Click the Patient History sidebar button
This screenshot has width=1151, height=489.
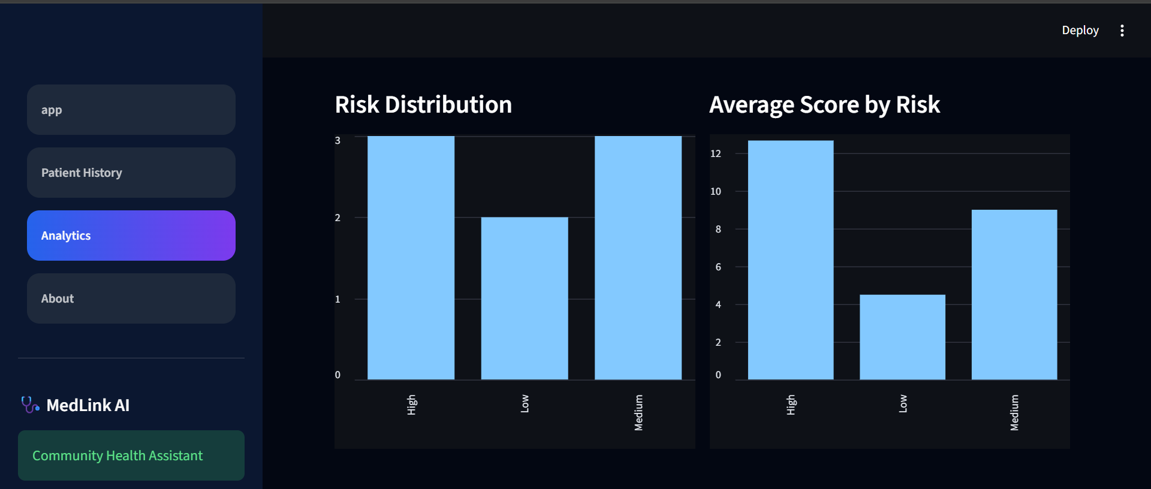click(131, 173)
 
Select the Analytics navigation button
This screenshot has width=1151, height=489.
click(131, 236)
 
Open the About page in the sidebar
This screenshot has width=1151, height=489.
click(131, 298)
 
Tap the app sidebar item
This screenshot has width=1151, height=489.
click(131, 110)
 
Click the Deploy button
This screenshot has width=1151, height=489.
click(1080, 30)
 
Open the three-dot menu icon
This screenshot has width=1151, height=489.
click(1122, 31)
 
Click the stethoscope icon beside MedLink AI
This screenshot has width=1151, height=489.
click(30, 405)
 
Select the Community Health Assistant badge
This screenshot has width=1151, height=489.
click(131, 455)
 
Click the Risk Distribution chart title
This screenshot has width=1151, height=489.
click(423, 105)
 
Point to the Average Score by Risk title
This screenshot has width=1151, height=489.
click(824, 105)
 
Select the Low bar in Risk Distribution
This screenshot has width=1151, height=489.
click(525, 298)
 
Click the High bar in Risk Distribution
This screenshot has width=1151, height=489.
click(411, 258)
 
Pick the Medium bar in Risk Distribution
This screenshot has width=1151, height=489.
click(638, 258)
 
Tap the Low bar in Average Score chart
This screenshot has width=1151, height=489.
click(902, 337)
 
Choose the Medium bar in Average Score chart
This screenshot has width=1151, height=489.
click(1014, 295)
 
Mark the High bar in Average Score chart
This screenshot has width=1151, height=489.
click(791, 260)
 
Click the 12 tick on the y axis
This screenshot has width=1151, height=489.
click(716, 153)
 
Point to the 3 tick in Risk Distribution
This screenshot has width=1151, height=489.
click(338, 140)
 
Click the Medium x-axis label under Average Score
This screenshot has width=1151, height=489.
click(1014, 412)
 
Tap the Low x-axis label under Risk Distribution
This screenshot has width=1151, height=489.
click(525, 403)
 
